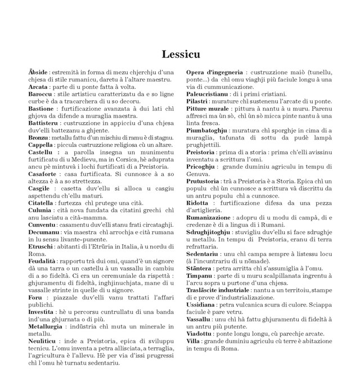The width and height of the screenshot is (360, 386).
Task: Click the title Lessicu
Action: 180,54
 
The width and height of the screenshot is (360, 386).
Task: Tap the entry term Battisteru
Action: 43,122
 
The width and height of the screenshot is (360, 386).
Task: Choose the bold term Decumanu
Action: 43,232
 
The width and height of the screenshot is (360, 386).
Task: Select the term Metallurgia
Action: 46,326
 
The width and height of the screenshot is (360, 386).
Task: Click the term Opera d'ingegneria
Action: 214,73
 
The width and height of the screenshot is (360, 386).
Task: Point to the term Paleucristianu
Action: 210,94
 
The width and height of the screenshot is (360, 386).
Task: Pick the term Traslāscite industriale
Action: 222,290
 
